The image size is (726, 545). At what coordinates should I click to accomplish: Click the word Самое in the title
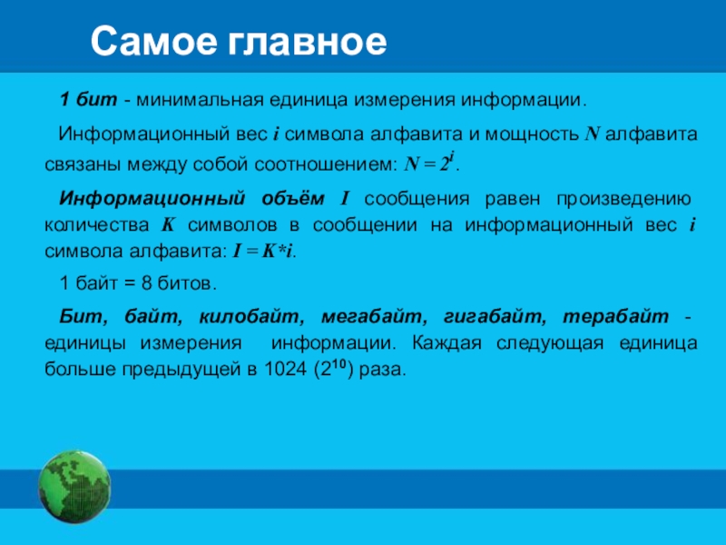[153, 41]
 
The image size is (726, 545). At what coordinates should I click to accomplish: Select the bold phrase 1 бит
[88, 100]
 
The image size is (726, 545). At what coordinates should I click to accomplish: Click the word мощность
[532, 134]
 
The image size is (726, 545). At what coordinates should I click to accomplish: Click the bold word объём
[293, 198]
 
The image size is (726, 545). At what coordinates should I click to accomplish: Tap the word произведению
[623, 199]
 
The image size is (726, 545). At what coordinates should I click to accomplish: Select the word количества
[97, 225]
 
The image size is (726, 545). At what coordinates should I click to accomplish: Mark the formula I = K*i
[262, 252]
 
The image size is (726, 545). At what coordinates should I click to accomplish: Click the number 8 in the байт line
[147, 283]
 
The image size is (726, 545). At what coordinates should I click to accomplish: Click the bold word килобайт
[251, 316]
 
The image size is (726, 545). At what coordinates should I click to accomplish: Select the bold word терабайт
[616, 316]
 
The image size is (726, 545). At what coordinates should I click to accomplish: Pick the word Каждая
[446, 343]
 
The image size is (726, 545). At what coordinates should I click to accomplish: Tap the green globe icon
[74, 487]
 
